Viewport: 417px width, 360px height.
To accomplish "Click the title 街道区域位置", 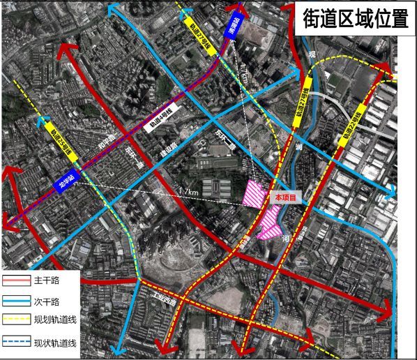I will pyautogui.click(x=355, y=19).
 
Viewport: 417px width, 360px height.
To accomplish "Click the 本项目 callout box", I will pyautogui.click(x=286, y=198).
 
